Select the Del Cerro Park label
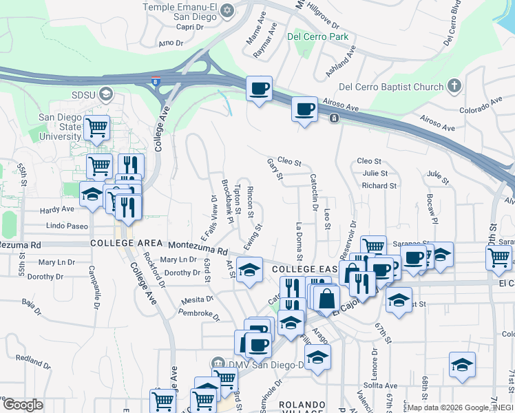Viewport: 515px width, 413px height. click(x=309, y=36)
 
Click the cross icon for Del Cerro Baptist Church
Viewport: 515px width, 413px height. click(x=453, y=86)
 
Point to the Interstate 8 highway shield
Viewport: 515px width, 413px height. click(x=157, y=81)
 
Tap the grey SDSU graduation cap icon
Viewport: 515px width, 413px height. click(x=105, y=93)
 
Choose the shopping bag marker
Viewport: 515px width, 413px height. click(x=328, y=298)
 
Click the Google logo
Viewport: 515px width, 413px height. click(x=23, y=404)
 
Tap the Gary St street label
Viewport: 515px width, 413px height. click(x=275, y=169)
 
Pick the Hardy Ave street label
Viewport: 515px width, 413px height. click(x=57, y=209)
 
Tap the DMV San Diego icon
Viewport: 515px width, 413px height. click(x=218, y=363)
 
